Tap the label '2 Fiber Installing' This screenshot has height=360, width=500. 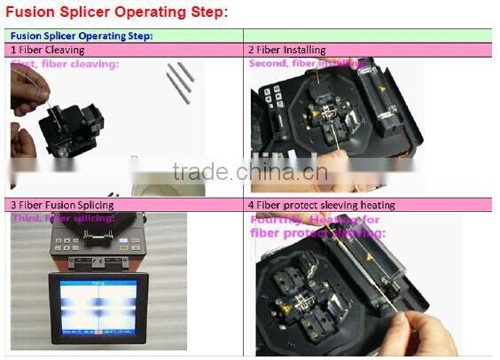tap(286, 51)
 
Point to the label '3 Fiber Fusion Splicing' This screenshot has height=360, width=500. tap(62, 205)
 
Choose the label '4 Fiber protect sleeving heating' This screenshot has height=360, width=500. tap(321, 205)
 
